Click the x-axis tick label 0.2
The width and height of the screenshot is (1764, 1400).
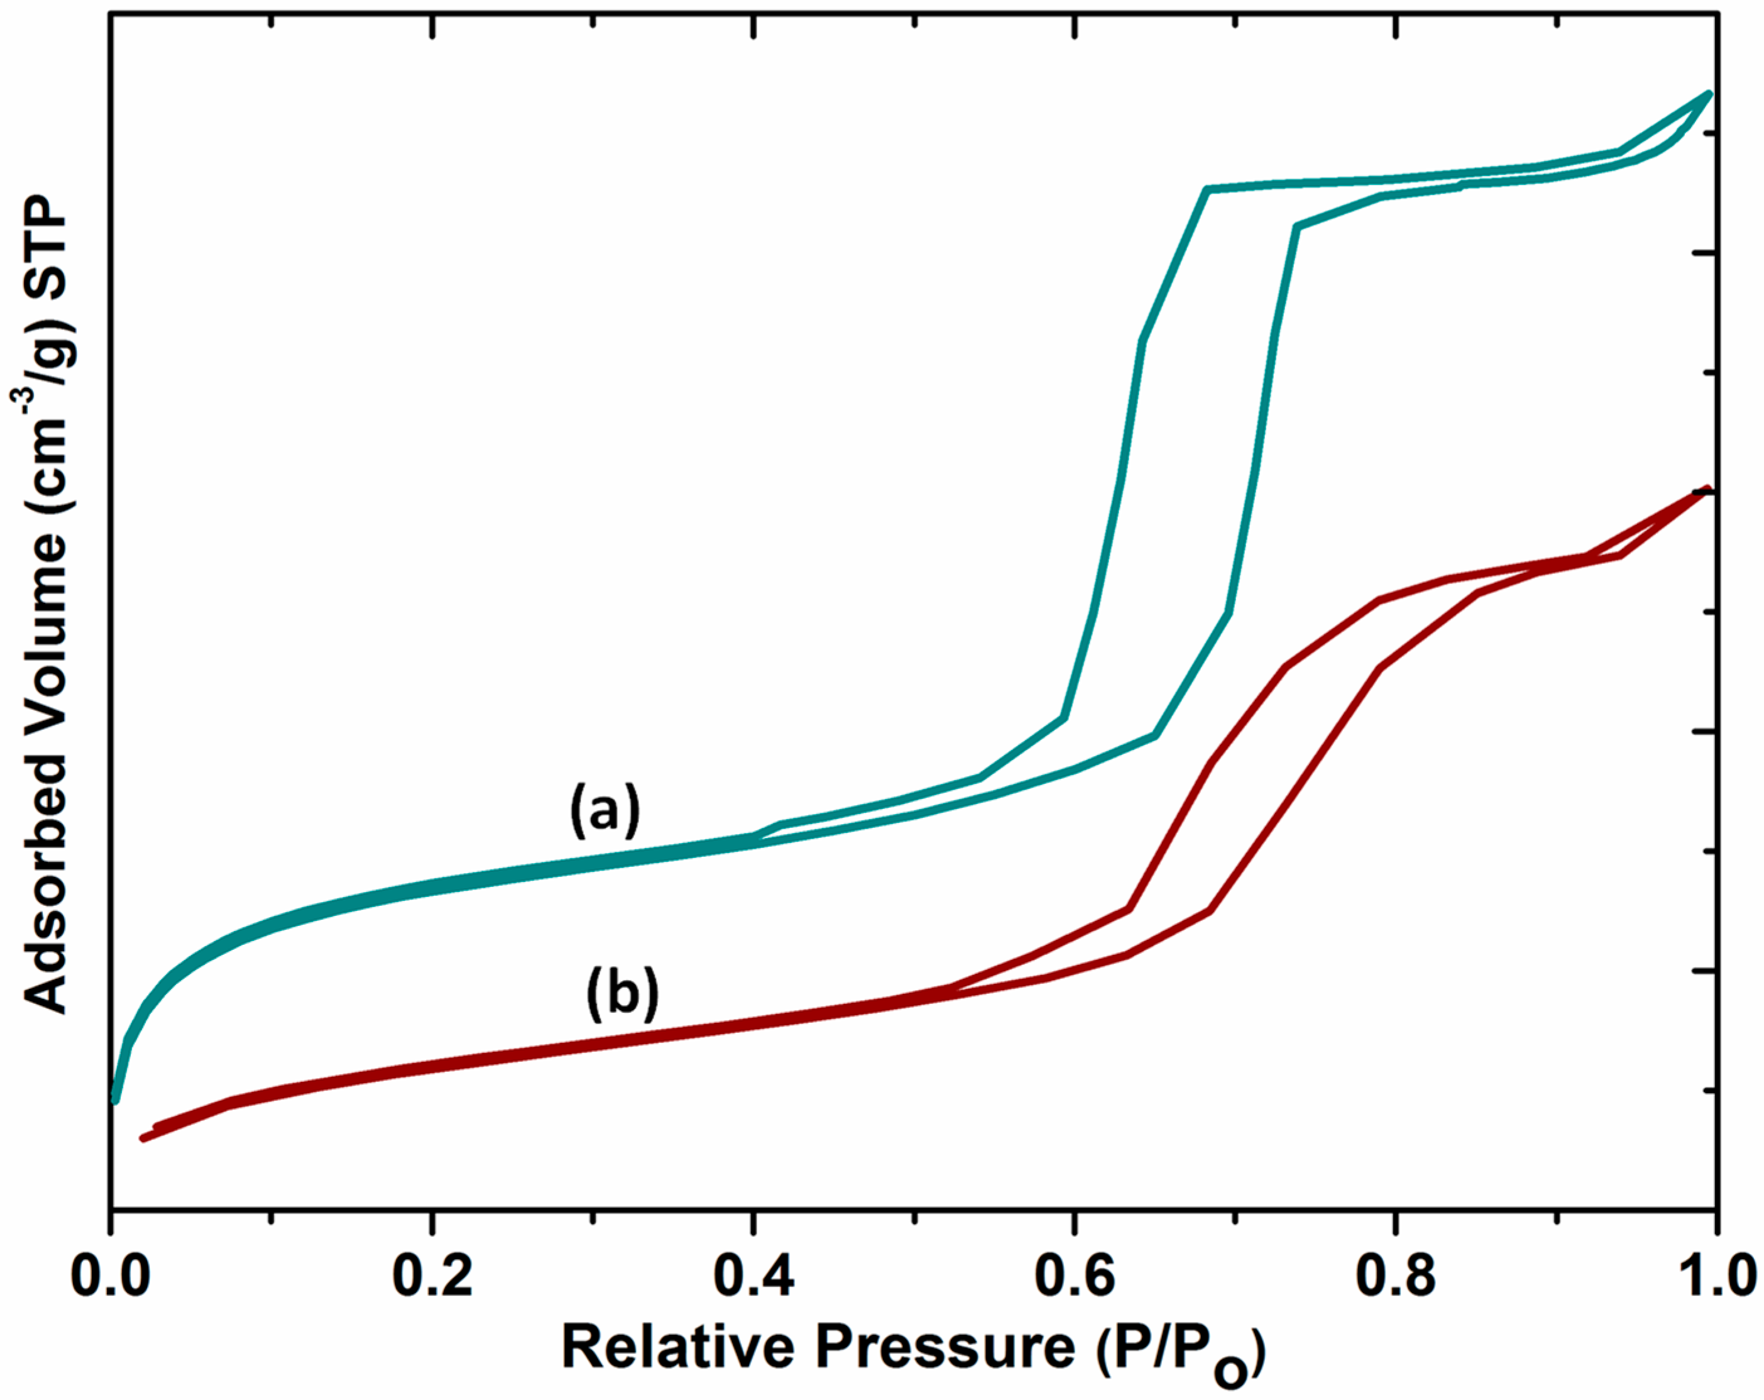(433, 1278)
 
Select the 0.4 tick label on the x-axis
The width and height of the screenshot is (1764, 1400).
(754, 1278)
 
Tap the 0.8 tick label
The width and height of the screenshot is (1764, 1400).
(1396, 1278)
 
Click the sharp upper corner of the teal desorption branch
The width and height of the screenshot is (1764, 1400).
(1208, 189)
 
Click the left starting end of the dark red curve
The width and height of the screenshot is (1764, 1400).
(144, 1138)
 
